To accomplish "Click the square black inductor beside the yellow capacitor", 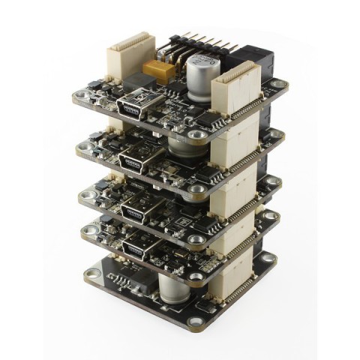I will pos(137,80).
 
